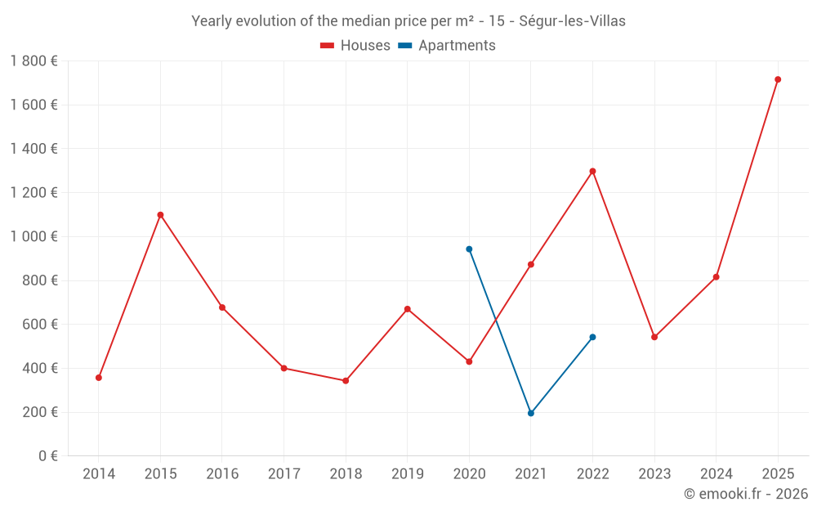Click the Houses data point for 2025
click(x=778, y=79)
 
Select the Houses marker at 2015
click(x=160, y=215)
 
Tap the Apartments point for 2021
click(x=531, y=413)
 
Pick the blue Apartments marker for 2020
click(x=469, y=249)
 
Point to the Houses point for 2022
click(x=592, y=171)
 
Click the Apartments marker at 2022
click(x=592, y=337)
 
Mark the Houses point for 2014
click(x=99, y=378)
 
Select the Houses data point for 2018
click(x=346, y=381)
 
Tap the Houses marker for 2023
click(x=654, y=337)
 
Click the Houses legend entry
click(x=355, y=46)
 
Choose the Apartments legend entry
click(x=447, y=46)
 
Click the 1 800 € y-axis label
click(x=33, y=61)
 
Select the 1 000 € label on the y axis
click(x=33, y=236)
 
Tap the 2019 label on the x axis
click(x=407, y=474)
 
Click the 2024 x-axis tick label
click(x=716, y=474)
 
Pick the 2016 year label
click(x=222, y=474)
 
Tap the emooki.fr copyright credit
click(x=746, y=494)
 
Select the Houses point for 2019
click(x=407, y=309)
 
